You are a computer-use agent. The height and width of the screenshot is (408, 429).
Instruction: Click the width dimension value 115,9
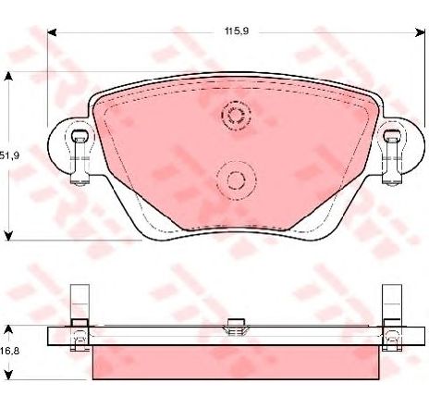tap(237, 31)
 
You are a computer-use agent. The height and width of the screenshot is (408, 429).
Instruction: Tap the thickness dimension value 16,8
tap(9, 351)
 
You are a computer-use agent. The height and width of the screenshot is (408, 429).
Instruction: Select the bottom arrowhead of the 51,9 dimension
tap(9, 233)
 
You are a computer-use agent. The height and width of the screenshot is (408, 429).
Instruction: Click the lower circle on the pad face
tap(235, 179)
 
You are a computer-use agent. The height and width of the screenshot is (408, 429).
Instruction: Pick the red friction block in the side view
tap(235, 361)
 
